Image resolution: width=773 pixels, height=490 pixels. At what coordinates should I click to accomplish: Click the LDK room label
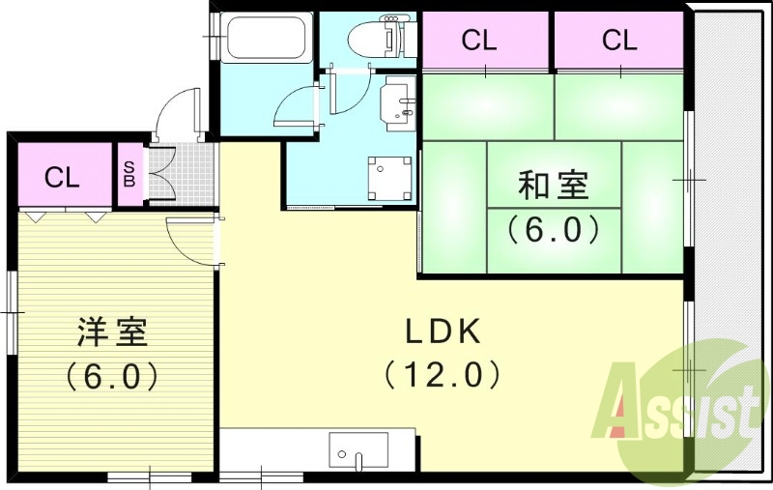(442, 332)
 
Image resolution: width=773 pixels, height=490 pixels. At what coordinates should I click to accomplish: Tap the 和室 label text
(553, 185)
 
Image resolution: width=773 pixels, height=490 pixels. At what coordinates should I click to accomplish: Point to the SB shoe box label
(129, 175)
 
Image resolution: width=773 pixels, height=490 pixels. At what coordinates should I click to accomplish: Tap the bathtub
(264, 40)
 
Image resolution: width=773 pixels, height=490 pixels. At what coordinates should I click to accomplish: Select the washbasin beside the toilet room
(397, 104)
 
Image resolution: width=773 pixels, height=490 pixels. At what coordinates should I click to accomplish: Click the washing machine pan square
(387, 178)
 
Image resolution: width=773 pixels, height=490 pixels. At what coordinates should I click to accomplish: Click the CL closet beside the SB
(62, 177)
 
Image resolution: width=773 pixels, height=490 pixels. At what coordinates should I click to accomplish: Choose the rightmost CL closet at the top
(619, 41)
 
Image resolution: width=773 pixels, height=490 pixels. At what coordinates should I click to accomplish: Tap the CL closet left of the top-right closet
(480, 41)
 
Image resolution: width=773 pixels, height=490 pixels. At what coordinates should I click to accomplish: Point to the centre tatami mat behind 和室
(553, 207)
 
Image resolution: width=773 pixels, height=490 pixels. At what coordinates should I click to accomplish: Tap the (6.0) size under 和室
(553, 229)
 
